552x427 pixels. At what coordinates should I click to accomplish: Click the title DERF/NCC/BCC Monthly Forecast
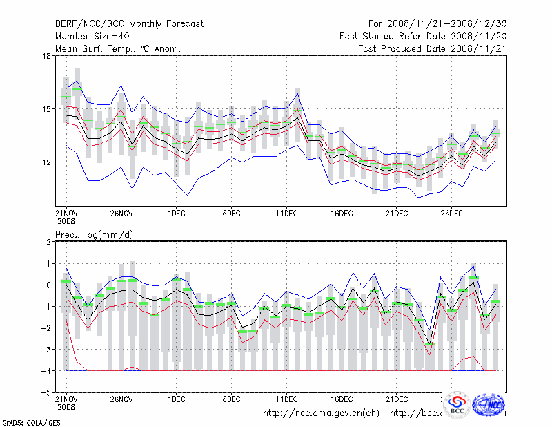click(x=129, y=23)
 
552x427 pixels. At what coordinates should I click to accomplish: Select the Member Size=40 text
click(x=91, y=36)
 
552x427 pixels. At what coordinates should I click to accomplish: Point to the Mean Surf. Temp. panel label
click(x=118, y=48)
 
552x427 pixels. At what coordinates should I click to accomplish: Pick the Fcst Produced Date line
click(x=432, y=48)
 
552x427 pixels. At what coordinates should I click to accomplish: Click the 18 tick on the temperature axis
click(x=47, y=56)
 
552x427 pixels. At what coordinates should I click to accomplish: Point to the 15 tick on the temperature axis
click(x=47, y=109)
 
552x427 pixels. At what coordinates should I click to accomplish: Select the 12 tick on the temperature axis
click(x=47, y=162)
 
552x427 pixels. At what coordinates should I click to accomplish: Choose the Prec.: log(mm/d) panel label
click(x=94, y=235)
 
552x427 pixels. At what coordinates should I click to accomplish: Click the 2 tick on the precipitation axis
click(x=49, y=242)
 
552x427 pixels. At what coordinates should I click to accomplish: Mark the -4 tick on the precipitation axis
click(x=47, y=371)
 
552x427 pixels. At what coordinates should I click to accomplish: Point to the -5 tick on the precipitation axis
click(x=47, y=392)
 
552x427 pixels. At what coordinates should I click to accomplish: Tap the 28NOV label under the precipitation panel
click(x=121, y=399)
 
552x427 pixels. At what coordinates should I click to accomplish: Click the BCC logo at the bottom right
click(x=457, y=405)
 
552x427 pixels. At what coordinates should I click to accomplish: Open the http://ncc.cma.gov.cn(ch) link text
click(x=321, y=413)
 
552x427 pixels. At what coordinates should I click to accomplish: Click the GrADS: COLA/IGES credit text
click(x=22, y=421)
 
